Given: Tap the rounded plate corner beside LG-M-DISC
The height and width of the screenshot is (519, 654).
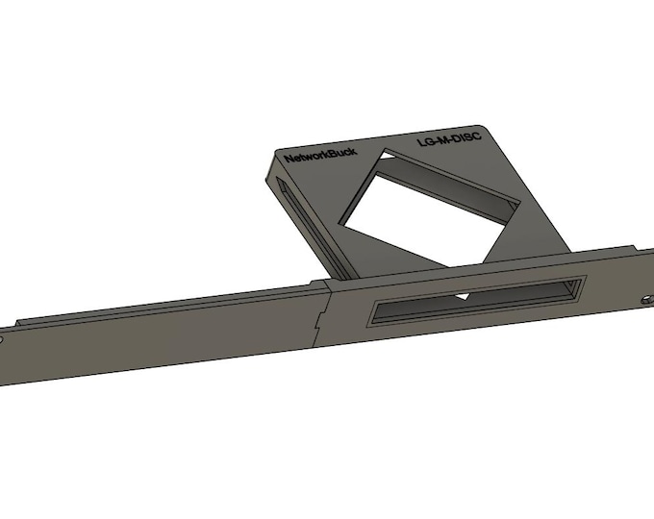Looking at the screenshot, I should [x=488, y=131].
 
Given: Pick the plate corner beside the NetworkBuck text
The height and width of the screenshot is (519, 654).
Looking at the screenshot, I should [x=272, y=153].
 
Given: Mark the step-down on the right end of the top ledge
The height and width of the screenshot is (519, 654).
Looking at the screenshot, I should [x=576, y=248].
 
